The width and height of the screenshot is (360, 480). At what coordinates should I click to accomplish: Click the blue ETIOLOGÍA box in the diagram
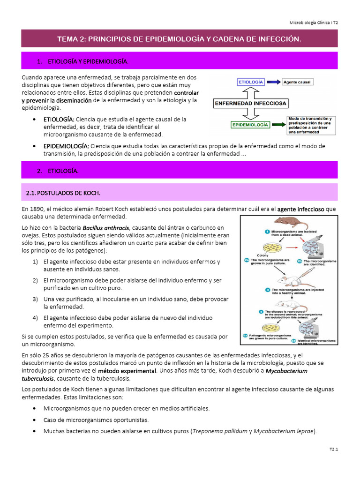tap(252, 82)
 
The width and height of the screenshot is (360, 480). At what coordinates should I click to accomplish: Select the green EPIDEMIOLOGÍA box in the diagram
tap(250, 125)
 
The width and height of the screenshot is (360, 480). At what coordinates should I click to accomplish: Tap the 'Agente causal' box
tap(297, 82)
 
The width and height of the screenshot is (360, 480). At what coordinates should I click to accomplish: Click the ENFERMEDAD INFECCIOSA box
tap(251, 103)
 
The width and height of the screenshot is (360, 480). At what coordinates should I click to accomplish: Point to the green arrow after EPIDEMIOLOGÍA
tap(278, 125)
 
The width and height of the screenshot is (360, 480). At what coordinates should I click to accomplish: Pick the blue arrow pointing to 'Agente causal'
tap(274, 82)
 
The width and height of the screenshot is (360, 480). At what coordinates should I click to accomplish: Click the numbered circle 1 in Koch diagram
tap(266, 231)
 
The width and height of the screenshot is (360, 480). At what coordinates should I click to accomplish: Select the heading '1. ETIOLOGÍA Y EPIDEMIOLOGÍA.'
tap(82, 61)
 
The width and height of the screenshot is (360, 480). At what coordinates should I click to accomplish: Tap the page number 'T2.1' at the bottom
tap(333, 450)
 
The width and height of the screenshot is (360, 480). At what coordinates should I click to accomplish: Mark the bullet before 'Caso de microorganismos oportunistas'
tap(35, 420)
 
